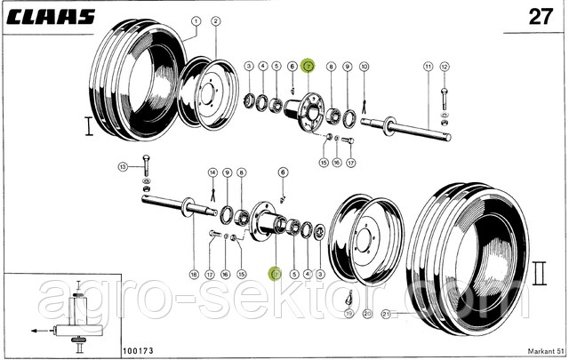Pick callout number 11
(x=428, y=67)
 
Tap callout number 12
(x=445, y=67)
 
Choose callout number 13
(x=123, y=166)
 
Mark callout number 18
(x=195, y=274)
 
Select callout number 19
(x=349, y=313)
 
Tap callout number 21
(x=385, y=313)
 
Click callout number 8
(x=331, y=67)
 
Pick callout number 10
(x=364, y=67)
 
